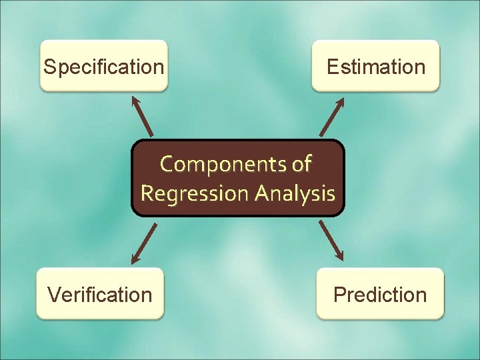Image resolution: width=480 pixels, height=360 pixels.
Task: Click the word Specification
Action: pos(103,67)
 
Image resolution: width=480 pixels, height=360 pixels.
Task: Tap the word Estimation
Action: pos(376,67)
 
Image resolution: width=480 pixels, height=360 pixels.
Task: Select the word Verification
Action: pos(99,294)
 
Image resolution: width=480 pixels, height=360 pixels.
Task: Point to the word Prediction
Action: pos(380,294)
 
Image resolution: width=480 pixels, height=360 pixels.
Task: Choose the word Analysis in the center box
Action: pos(293,193)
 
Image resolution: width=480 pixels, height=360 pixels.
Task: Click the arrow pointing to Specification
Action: pos(143,117)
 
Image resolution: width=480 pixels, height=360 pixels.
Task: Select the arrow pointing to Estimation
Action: pos(331,117)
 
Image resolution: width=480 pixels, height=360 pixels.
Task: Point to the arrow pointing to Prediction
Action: pos(331,240)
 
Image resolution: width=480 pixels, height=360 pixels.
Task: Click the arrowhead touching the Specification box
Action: pos(135,101)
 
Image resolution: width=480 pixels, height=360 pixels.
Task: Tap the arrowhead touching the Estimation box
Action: pos(340,102)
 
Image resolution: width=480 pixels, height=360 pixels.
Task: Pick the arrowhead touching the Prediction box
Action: pos(340,256)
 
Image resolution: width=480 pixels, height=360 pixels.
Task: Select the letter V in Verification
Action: pos(53,294)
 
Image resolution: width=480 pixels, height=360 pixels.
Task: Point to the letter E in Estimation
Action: pos(332,67)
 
